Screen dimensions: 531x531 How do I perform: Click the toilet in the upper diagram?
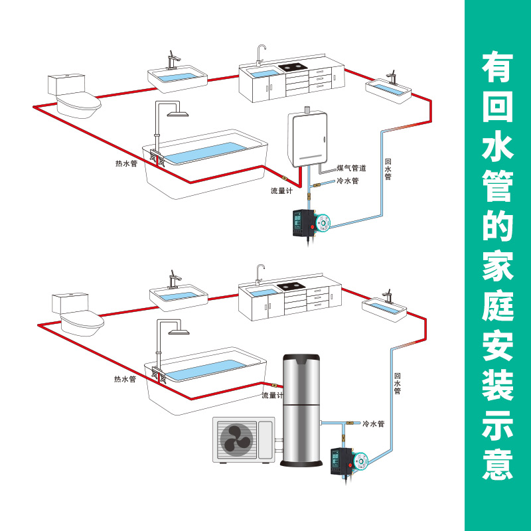(74, 96)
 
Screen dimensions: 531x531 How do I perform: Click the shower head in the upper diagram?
(178, 114)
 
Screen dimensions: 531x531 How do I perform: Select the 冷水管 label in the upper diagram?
(347, 181)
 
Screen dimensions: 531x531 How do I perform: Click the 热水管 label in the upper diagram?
(126, 163)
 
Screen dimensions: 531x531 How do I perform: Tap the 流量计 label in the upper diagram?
(281, 190)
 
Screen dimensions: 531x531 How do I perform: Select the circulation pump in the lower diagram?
(349, 459)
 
